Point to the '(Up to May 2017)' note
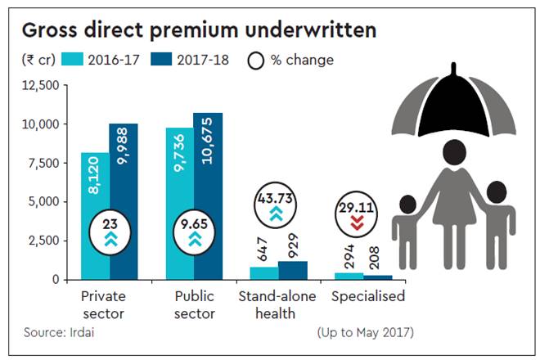point(365,333)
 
